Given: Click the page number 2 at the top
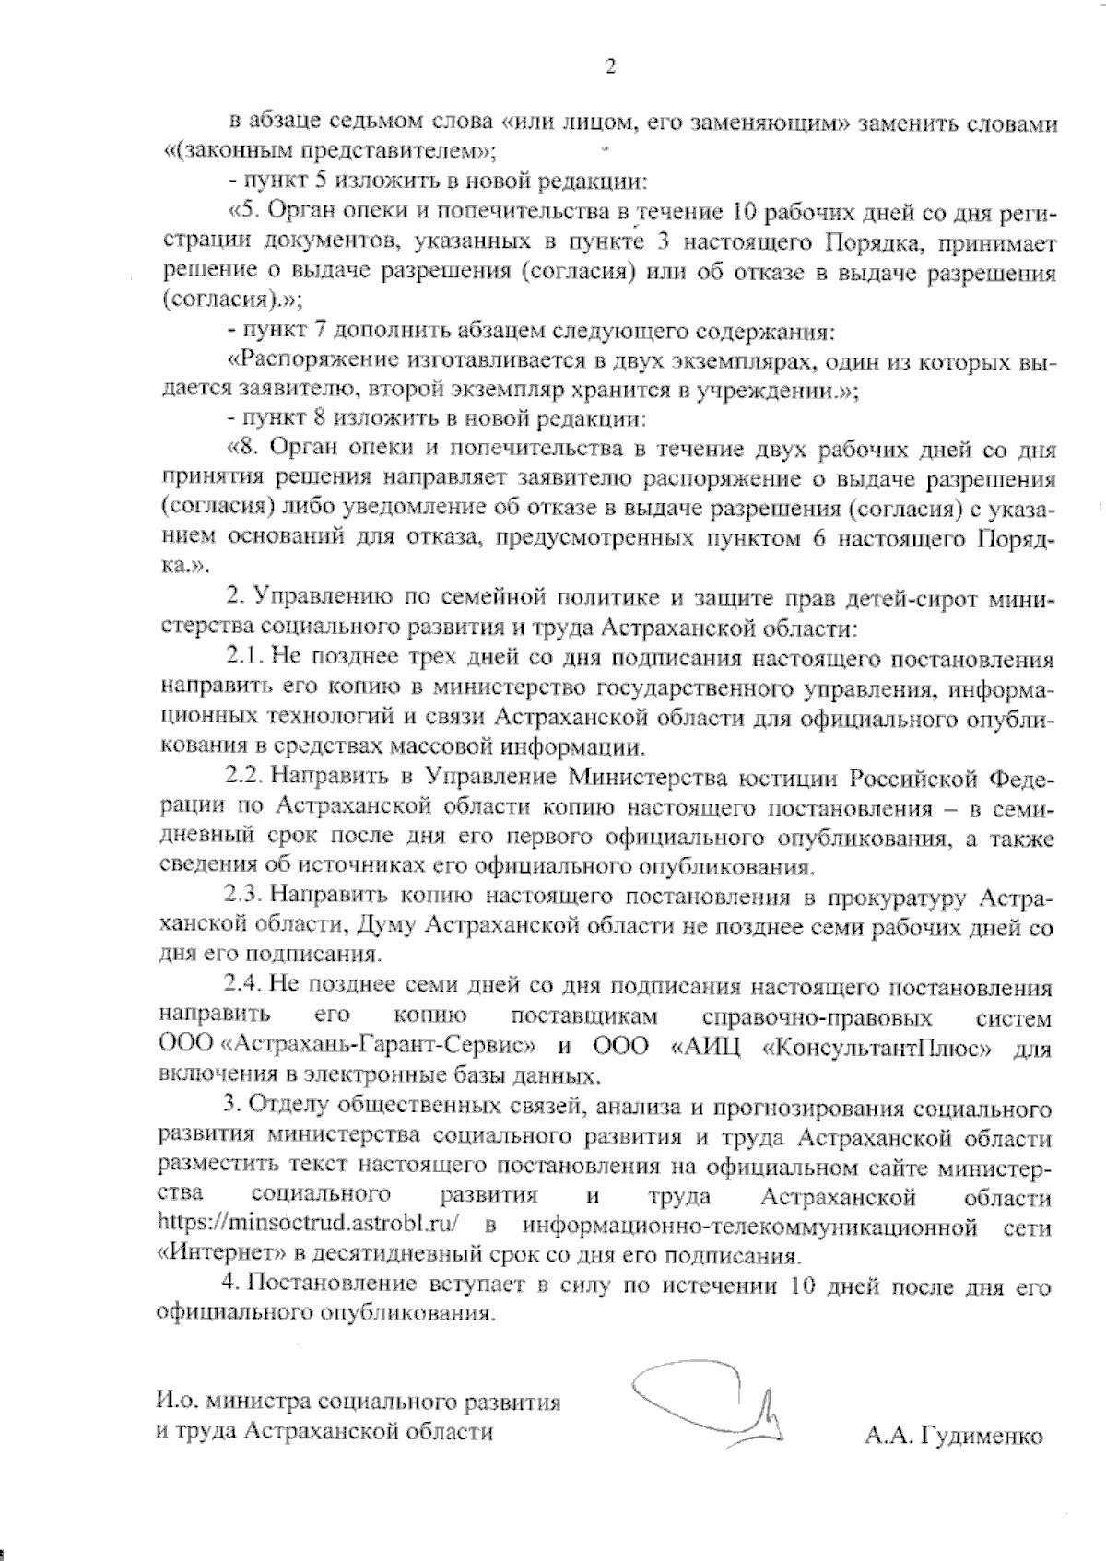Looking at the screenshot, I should pyautogui.click(x=609, y=65).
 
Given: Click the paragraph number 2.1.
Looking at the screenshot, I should pyautogui.click(x=244, y=659).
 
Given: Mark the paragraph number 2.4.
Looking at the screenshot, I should pyautogui.click(x=244, y=988).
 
